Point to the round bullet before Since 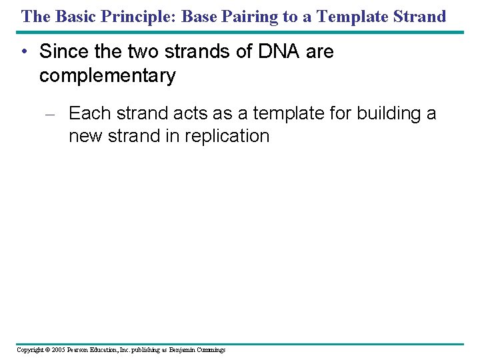24,52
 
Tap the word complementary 107,76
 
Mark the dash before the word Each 55,115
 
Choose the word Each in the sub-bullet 90,113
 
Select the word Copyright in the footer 31,350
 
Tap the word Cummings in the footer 210,350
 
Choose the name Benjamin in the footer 181,350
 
